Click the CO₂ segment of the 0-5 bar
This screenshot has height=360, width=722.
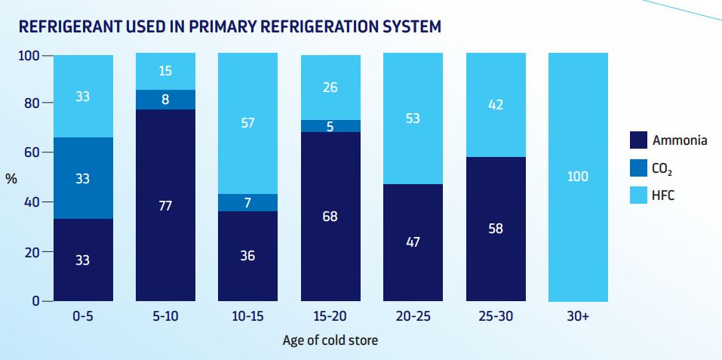point(83,178)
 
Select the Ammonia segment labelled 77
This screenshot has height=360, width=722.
point(165,205)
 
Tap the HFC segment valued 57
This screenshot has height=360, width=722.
point(248,123)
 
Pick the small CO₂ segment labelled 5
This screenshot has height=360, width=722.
point(330,126)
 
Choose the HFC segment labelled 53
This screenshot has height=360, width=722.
point(413,118)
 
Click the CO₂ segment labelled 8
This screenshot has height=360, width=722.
point(165,100)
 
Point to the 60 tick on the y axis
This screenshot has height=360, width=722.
point(30,152)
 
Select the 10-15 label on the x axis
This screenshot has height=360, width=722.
point(248,317)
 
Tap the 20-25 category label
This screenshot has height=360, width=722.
point(413,317)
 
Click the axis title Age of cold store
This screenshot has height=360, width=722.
point(330,340)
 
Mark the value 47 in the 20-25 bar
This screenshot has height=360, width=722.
point(413,242)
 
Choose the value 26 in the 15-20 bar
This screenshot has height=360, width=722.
point(330,87)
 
